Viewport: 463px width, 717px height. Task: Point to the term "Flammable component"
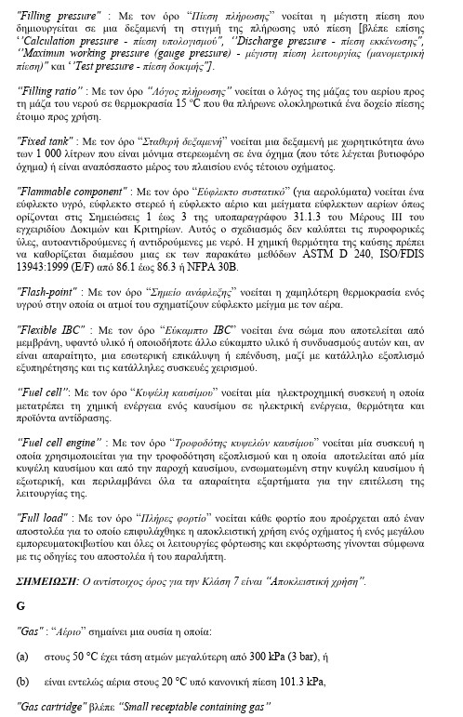(x=71, y=190)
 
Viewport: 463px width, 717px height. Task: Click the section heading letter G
(x=20, y=580)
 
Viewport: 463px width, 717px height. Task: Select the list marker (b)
(x=23, y=682)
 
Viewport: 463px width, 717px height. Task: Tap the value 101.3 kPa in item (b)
(x=301, y=682)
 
